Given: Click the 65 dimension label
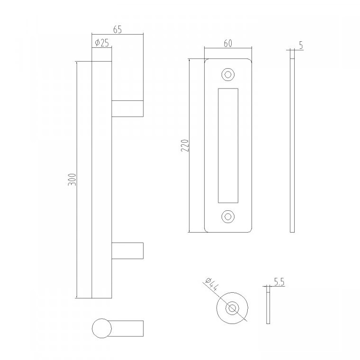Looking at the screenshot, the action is [117, 30].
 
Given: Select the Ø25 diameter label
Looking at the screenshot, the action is [102, 43].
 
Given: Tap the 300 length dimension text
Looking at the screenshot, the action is [72, 180].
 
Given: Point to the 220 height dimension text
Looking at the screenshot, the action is [185, 145].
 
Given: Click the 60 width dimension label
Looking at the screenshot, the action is [228, 44].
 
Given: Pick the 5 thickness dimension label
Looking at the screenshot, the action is [301, 45].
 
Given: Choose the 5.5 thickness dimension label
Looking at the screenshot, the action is [279, 282].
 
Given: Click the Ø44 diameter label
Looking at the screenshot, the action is [212, 284].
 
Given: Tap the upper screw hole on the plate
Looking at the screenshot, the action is [228, 75].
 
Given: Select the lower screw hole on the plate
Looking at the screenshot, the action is [228, 216].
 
